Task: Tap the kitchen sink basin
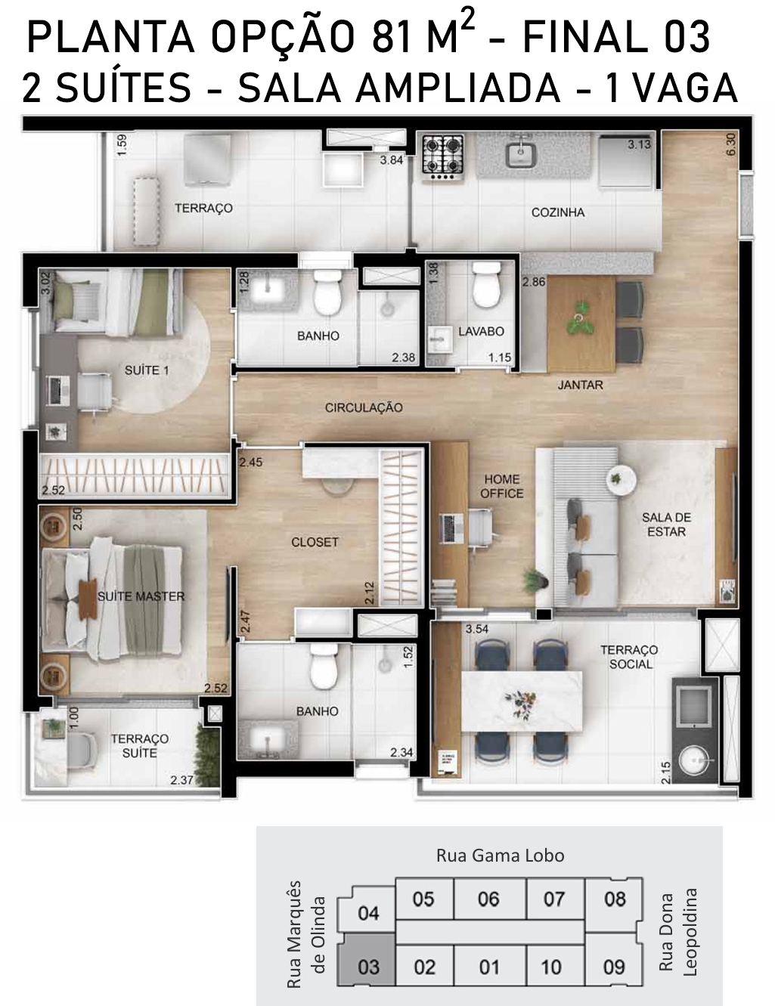[x=520, y=155]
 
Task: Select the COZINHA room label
[x=558, y=212]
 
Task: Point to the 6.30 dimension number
[x=730, y=145]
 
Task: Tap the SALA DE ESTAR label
[x=666, y=524]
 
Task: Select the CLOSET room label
[x=315, y=542]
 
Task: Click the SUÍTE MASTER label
[x=141, y=597]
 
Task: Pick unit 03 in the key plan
[x=368, y=967]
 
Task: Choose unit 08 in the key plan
[x=615, y=899]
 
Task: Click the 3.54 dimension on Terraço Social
[x=477, y=629]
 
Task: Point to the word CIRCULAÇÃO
[x=364, y=408]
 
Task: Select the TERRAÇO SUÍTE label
[x=140, y=746]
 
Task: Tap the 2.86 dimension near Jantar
[x=534, y=282]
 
